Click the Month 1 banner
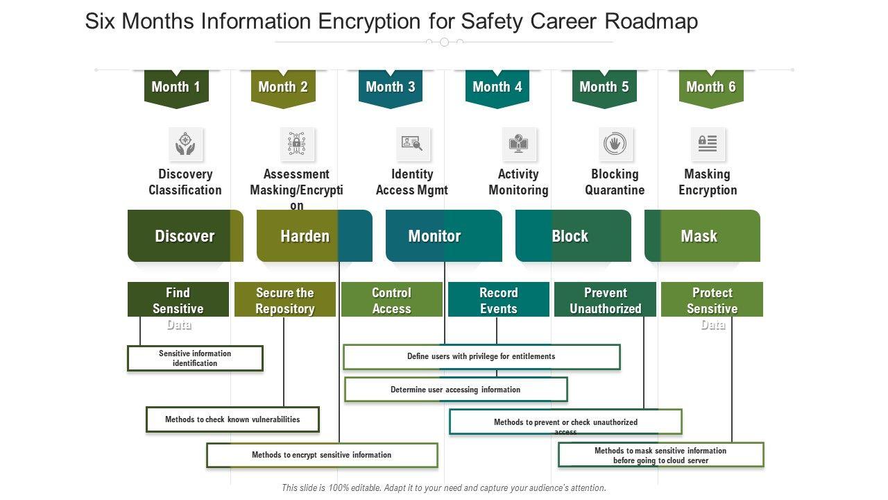(176, 87)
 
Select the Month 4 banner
(497, 87)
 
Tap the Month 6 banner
(710, 87)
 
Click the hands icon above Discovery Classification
(185, 144)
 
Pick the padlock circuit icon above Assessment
(297, 144)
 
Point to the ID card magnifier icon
(412, 144)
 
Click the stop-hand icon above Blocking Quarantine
(615, 144)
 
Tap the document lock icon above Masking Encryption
(707, 144)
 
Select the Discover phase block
(185, 236)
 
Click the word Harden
(305, 236)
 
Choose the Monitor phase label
(434, 236)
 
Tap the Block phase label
(570, 236)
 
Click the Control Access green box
(391, 300)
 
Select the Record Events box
(498, 300)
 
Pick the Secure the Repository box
(284, 300)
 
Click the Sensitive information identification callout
(195, 358)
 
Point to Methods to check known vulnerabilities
(232, 419)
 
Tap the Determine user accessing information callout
(456, 390)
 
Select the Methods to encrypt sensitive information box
(322, 456)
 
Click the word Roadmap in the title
(651, 22)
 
